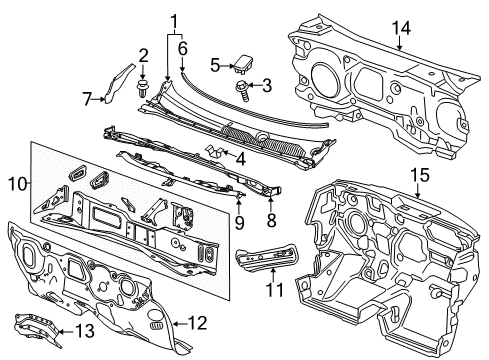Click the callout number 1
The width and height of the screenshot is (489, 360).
pyautogui.click(x=176, y=20)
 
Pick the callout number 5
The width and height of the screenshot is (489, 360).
pyautogui.click(x=214, y=64)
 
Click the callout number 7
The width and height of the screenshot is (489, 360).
pyautogui.click(x=86, y=96)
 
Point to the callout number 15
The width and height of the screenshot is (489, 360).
pyautogui.click(x=418, y=176)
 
